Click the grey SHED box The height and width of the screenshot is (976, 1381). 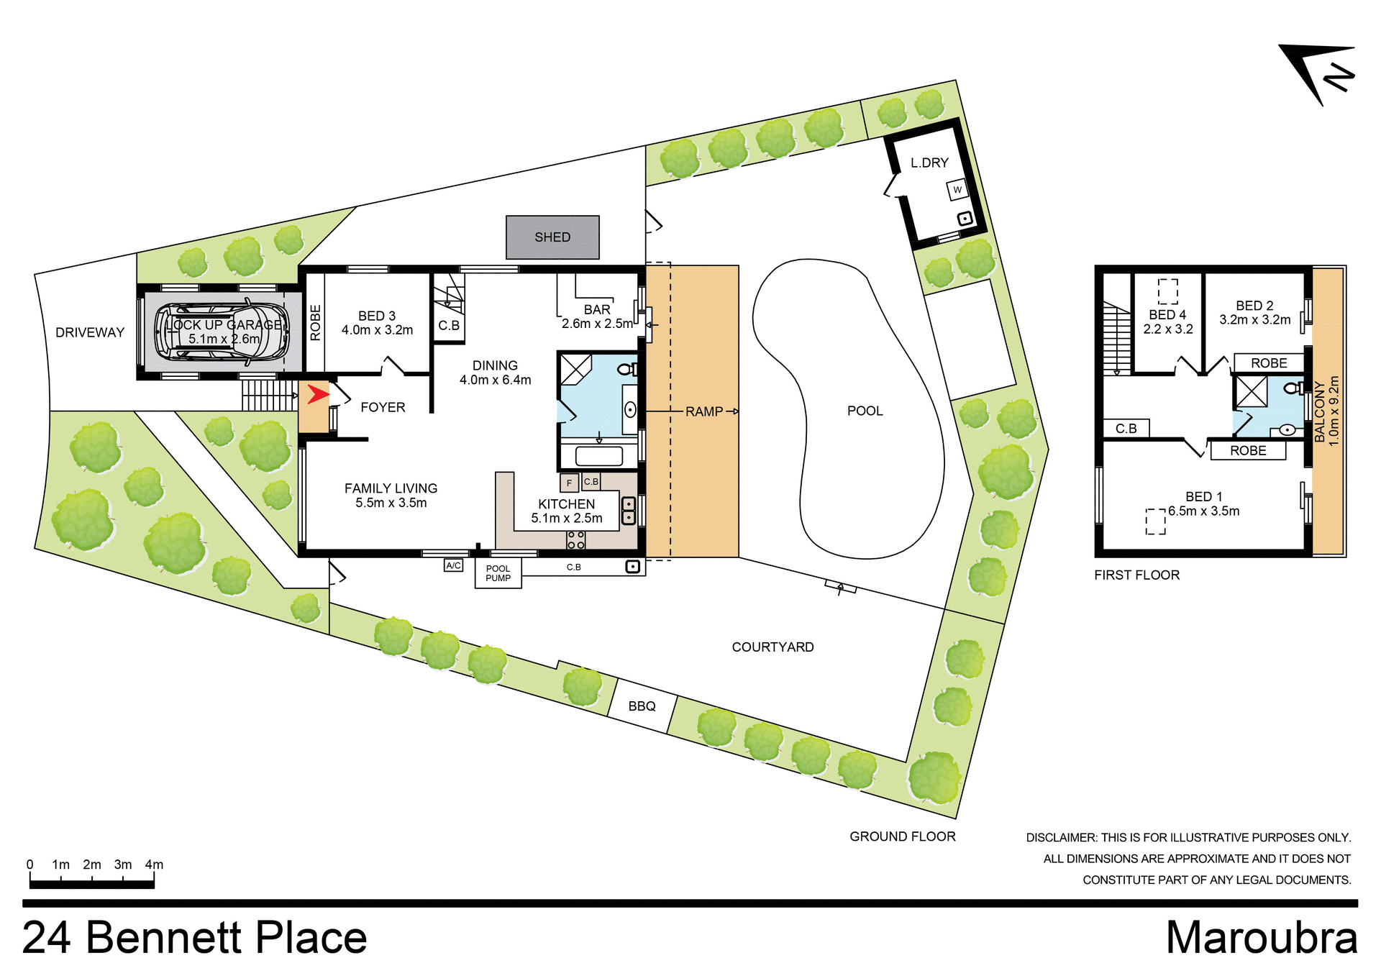coord(552,237)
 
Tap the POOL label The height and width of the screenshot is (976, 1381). coord(865,411)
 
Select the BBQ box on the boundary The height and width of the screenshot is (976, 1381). coord(642,706)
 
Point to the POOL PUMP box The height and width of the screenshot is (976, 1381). coord(498,573)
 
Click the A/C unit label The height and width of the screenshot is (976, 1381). coord(453,565)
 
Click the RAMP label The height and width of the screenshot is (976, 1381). coord(704,411)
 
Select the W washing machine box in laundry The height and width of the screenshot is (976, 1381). coord(957,190)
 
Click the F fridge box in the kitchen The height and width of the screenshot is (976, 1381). coord(569,483)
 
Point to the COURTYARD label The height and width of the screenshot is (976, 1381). coord(772,647)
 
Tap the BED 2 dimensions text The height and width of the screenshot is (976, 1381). coord(1254,320)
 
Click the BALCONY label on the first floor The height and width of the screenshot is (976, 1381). coord(1320,411)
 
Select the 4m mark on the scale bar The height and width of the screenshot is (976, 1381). coord(154,865)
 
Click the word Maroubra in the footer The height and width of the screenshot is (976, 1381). coord(1262,938)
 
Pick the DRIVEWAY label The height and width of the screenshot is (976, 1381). coord(90,332)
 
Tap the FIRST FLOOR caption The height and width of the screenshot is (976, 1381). coord(1136,575)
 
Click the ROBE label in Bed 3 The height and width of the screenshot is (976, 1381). coord(315,322)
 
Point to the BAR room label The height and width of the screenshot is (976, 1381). coord(597,309)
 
